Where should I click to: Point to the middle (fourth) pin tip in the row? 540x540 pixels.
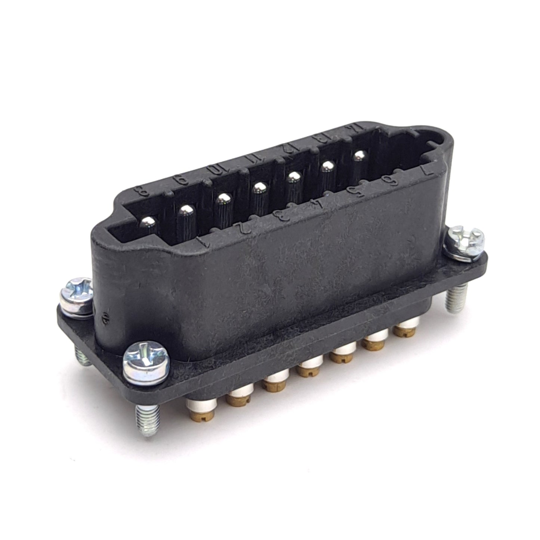point(259,187)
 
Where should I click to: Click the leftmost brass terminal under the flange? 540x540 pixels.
point(201,411)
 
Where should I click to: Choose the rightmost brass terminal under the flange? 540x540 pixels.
point(405,331)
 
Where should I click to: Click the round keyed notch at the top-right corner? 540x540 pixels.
point(438,141)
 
